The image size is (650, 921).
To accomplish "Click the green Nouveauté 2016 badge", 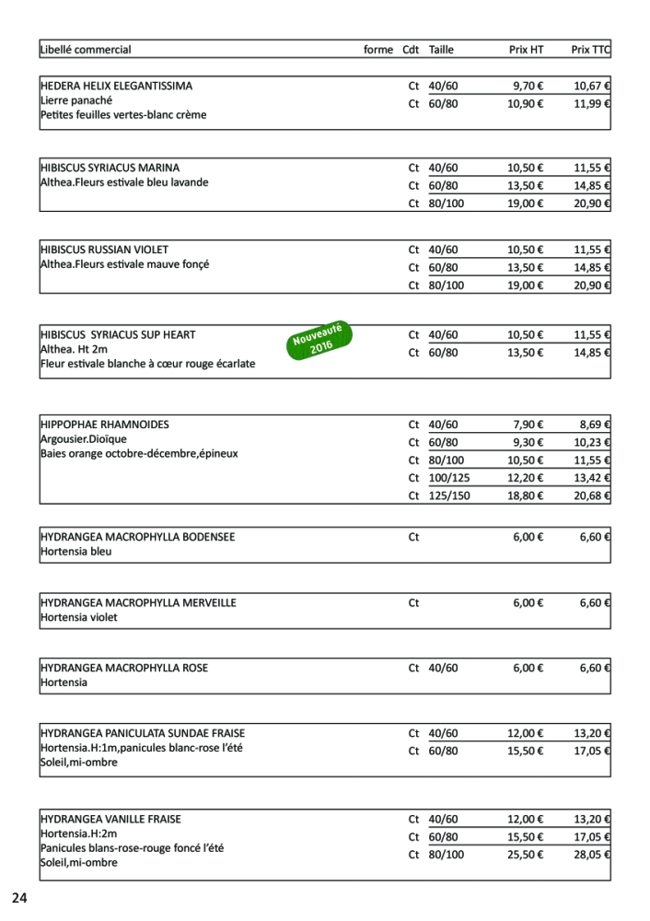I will point(318,341).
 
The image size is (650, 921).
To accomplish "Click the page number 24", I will point(20,898).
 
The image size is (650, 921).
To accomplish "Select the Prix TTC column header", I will point(590,50).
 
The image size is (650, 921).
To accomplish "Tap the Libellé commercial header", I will point(86,50).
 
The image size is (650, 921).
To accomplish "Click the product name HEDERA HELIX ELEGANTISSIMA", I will point(117,86).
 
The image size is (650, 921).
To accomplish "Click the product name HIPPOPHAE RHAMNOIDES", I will point(105,425).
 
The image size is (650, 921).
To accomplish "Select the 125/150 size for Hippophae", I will point(449,495).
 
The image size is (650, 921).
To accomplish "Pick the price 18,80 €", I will point(526,495).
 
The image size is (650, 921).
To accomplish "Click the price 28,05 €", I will point(593,855).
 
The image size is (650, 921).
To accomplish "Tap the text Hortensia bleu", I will point(76,552).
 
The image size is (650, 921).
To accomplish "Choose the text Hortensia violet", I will point(79,618).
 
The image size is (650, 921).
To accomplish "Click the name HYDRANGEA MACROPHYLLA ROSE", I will point(124,668).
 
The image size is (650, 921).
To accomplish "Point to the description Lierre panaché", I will point(76,100).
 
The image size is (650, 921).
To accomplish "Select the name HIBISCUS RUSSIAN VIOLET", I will point(105,250).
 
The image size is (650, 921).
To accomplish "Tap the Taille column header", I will point(441,50).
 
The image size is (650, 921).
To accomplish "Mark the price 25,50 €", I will point(526,855).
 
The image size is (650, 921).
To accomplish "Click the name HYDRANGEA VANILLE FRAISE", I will point(110,819).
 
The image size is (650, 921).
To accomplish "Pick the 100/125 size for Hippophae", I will point(449,478).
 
